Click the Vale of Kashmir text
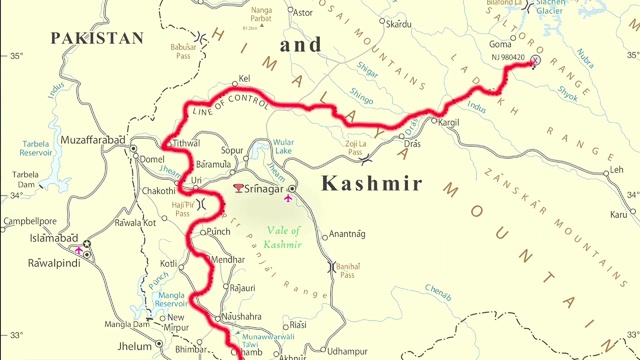click(x=292, y=238)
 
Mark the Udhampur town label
click(x=348, y=351)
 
